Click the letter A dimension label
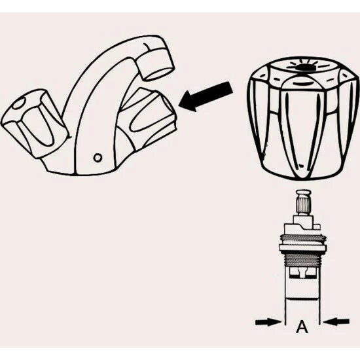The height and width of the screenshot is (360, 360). click(302, 327)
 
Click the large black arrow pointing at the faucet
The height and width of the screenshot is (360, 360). click(206, 97)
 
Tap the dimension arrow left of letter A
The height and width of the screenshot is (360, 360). click(268, 322)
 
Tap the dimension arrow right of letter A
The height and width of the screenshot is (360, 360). click(336, 322)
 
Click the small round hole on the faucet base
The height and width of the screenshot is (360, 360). click(98, 158)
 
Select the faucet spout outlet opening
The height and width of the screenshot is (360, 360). click(159, 73)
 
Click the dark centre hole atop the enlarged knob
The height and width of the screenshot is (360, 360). click(303, 67)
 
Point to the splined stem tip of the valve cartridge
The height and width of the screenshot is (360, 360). click(303, 205)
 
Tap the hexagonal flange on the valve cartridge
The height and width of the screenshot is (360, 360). click(303, 249)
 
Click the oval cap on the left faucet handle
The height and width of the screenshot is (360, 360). click(20, 103)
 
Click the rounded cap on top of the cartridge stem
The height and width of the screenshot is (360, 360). click(303, 192)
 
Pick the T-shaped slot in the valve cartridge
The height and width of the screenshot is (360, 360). click(302, 272)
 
